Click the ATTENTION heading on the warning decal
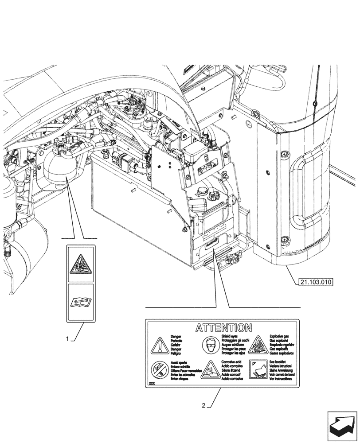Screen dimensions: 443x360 click(224, 328)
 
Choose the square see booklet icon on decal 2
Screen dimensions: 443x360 click(258, 369)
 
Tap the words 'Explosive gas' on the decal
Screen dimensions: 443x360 click(279, 337)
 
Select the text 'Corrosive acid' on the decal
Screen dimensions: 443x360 click(232, 362)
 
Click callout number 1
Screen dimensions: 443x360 click(67, 339)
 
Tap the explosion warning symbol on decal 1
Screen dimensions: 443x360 click(81, 264)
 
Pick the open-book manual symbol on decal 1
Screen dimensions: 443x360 click(81, 302)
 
